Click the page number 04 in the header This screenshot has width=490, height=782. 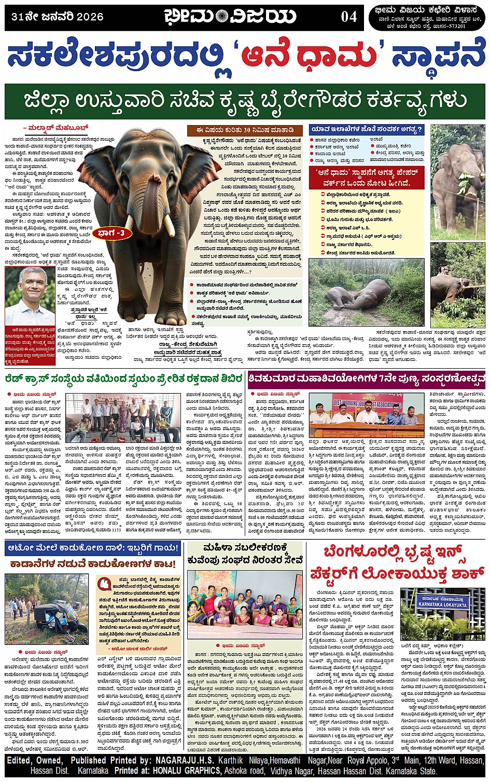(348, 17)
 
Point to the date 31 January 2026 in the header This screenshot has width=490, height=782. (57, 17)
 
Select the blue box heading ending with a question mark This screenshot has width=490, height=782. (366, 129)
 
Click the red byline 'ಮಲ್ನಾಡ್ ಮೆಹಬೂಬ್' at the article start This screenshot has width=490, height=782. (55, 127)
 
